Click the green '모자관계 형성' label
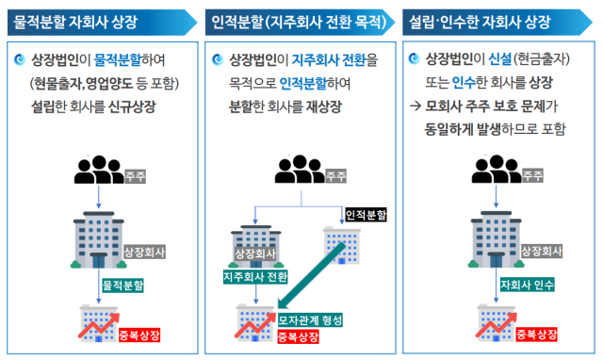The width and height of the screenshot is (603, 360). (x=310, y=319)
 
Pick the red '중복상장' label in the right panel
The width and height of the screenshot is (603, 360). (x=533, y=335)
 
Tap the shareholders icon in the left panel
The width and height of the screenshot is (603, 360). (x=98, y=172)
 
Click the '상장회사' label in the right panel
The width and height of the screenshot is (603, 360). (x=541, y=251)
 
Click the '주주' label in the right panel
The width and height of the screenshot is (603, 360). (x=532, y=175)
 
